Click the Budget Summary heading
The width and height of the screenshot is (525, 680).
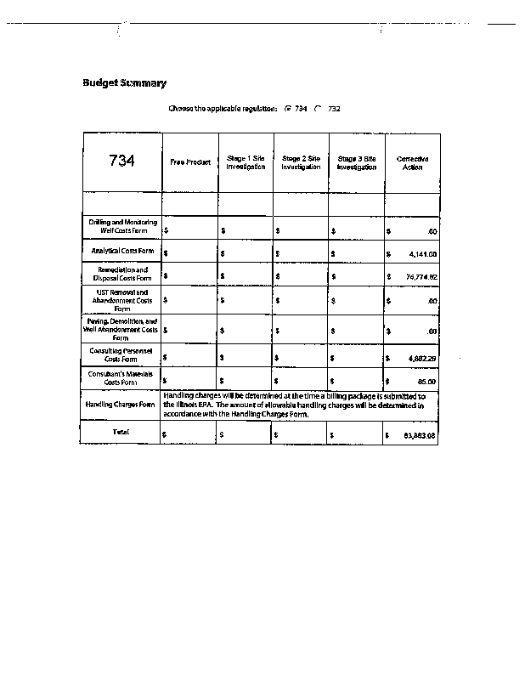coord(124,83)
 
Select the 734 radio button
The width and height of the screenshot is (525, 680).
coord(288,109)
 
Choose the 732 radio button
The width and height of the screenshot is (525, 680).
coord(319,109)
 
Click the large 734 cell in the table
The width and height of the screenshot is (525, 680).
coord(121,161)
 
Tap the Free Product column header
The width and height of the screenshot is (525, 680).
coord(189,162)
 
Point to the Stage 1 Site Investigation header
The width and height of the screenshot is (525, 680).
coord(246,162)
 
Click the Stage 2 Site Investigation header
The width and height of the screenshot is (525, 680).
coord(301,162)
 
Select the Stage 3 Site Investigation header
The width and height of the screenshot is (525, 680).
coord(357,162)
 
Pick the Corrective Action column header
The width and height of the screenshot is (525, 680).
coord(412,162)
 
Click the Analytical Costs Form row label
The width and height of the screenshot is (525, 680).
coord(122,252)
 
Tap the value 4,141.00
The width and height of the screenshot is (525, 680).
coord(421,253)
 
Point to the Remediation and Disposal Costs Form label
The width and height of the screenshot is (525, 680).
coord(122,274)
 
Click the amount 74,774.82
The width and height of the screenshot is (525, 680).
coord(421,276)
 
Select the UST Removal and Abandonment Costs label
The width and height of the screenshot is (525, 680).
coord(122,300)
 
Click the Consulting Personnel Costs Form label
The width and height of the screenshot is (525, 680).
coord(122,355)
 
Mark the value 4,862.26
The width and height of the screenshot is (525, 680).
coord(421,359)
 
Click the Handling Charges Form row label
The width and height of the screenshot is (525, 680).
coord(121,405)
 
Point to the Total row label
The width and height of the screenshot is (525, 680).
coord(121,433)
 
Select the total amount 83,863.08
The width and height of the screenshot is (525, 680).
coord(420,435)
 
